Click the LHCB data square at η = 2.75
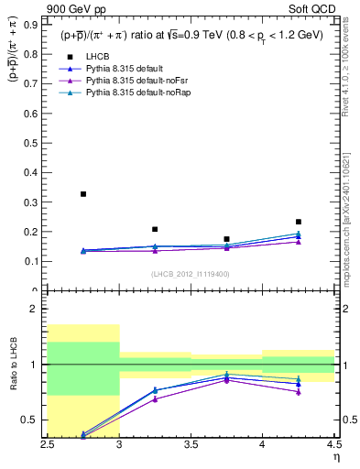pyautogui.click(x=83, y=194)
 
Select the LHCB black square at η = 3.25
pyautogui.click(x=155, y=229)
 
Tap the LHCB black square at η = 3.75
pyautogui.click(x=226, y=239)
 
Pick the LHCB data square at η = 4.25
pyautogui.click(x=299, y=222)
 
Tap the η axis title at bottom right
pyautogui.click(x=335, y=457)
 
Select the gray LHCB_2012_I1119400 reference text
pyautogui.click(x=190, y=273)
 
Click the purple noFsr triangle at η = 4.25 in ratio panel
pyautogui.click(x=299, y=392)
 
